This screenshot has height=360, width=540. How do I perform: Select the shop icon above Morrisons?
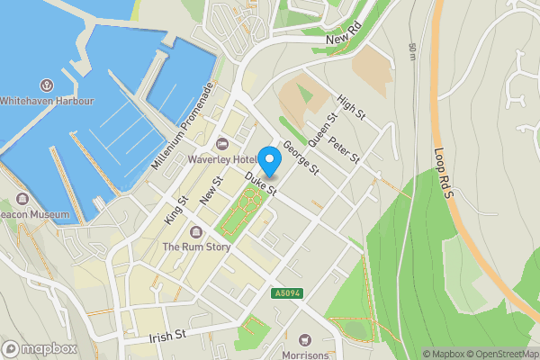[x=304, y=339]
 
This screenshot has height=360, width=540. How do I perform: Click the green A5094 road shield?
[x=287, y=292]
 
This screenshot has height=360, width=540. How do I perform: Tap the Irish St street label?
[x=167, y=336]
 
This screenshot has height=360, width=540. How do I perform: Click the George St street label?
[x=301, y=157]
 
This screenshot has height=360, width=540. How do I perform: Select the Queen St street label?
[x=322, y=130]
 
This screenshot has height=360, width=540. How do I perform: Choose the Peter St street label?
[x=344, y=150]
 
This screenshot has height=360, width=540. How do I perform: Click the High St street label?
[x=350, y=110]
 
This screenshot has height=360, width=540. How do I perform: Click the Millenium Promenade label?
[x=182, y=127]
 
